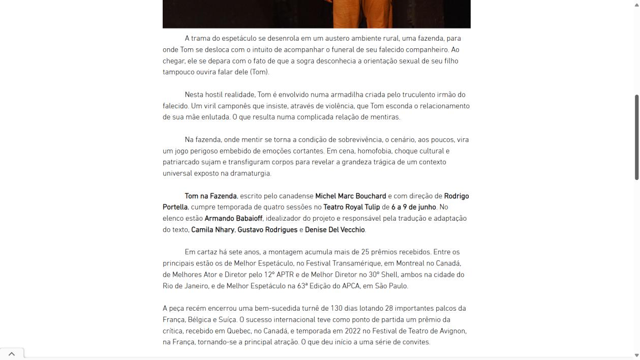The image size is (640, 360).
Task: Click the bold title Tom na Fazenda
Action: coord(210,196)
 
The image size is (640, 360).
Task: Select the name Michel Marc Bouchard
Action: coord(350,196)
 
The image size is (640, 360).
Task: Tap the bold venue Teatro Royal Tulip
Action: coord(351,207)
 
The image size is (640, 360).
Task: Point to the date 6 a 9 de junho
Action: coord(413,207)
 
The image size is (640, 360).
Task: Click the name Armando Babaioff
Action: coord(233,219)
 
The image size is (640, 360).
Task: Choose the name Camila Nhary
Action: coord(212,230)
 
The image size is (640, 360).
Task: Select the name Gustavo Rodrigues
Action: coord(267,230)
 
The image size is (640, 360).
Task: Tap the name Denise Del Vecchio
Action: coord(334,230)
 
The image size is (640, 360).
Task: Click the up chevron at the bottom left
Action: coord(12,354)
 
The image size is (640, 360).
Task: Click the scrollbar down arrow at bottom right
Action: coord(636,355)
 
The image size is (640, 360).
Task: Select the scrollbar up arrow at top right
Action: coord(636,4)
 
